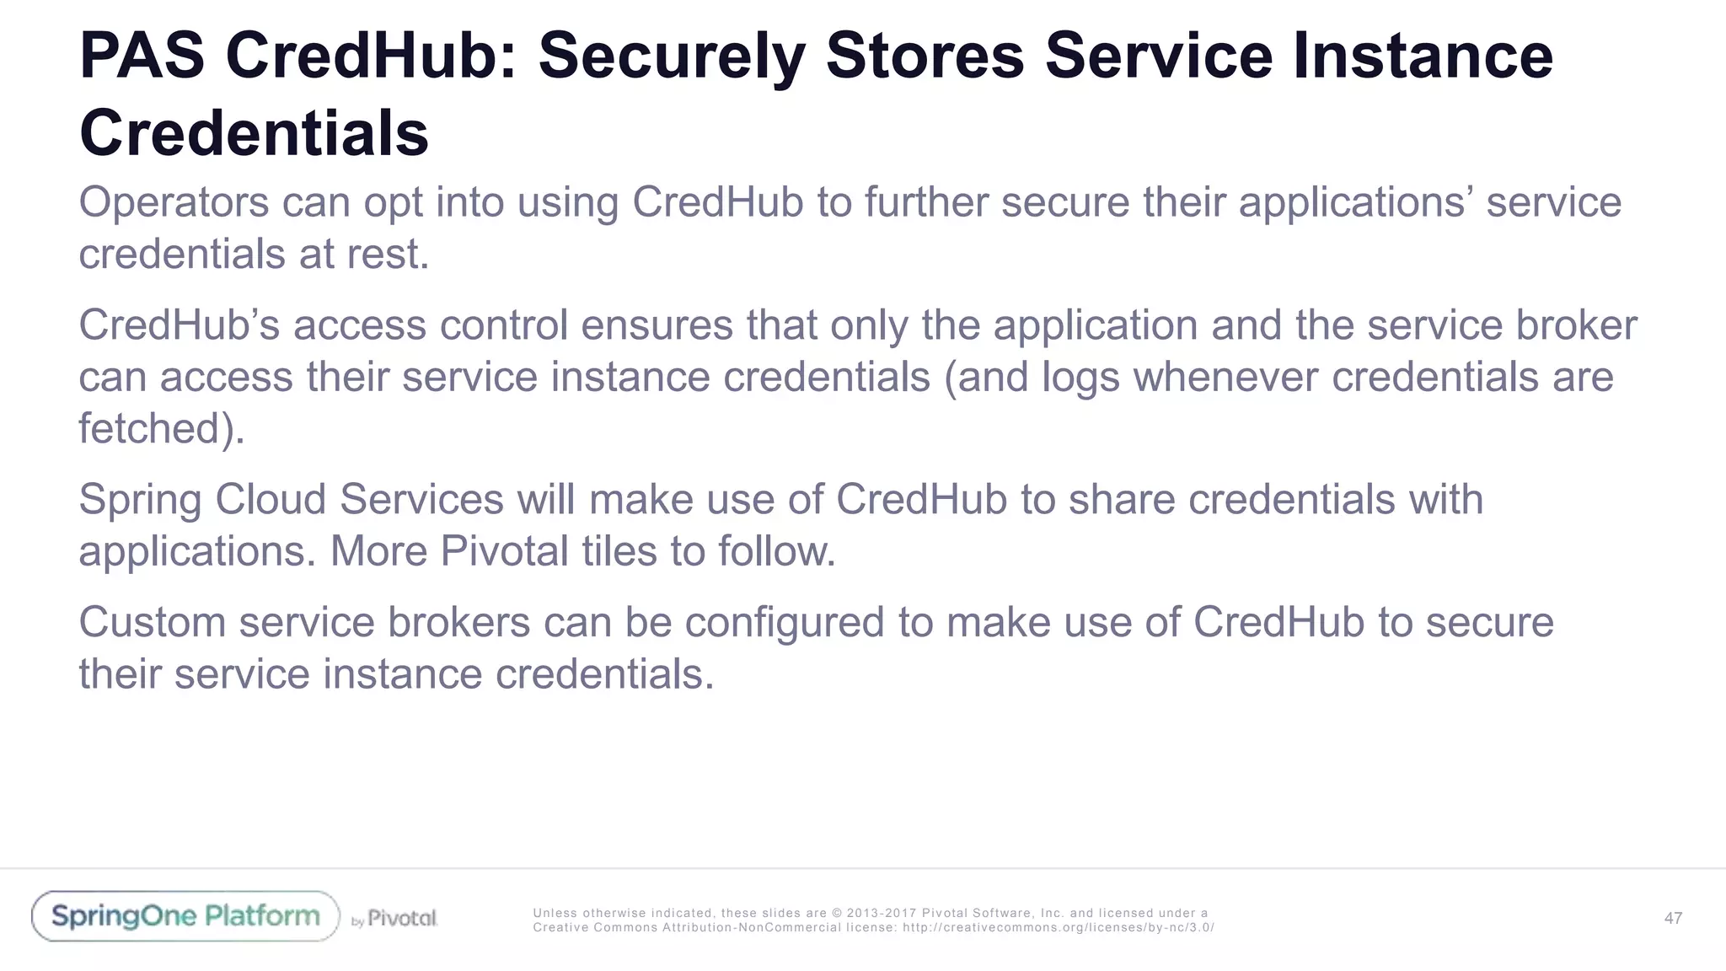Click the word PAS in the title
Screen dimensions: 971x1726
point(142,56)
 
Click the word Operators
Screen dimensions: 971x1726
point(174,202)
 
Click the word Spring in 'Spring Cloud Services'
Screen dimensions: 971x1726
point(142,501)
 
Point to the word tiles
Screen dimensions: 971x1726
point(619,551)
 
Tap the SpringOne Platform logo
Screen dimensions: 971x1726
point(185,916)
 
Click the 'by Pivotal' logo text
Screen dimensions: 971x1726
point(394,919)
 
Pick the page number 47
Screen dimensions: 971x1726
point(1673,919)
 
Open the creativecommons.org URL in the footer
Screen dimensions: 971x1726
point(1059,928)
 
